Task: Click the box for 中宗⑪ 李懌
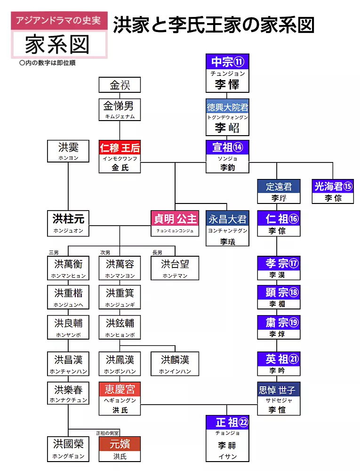tap(227, 73)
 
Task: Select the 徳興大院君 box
tap(227, 117)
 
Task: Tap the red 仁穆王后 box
tap(120, 156)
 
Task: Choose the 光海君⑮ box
tap(333, 192)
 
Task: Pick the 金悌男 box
tap(120, 110)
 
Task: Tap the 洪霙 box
tap(68, 151)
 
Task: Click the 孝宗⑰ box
tap(279, 268)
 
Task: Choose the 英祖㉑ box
tap(279, 364)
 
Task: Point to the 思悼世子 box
tap(279, 398)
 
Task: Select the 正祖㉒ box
tap(227, 438)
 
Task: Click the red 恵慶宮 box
tap(120, 398)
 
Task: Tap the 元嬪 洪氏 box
tap(120, 449)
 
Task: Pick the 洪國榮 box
tap(68, 449)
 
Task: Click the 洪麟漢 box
tap(175, 364)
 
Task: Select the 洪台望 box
tap(175, 268)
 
